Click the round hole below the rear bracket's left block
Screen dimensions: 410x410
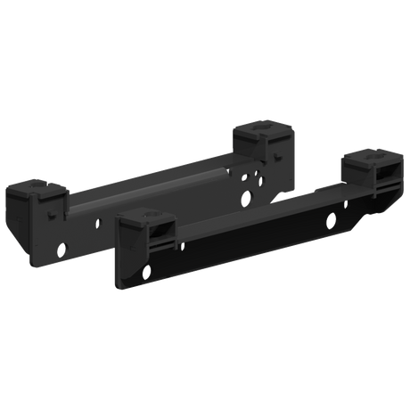pyautogui.click(x=61, y=246)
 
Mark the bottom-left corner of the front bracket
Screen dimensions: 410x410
pyautogui.click(x=115, y=287)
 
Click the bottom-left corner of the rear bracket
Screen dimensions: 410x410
pyautogui.click(x=31, y=265)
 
